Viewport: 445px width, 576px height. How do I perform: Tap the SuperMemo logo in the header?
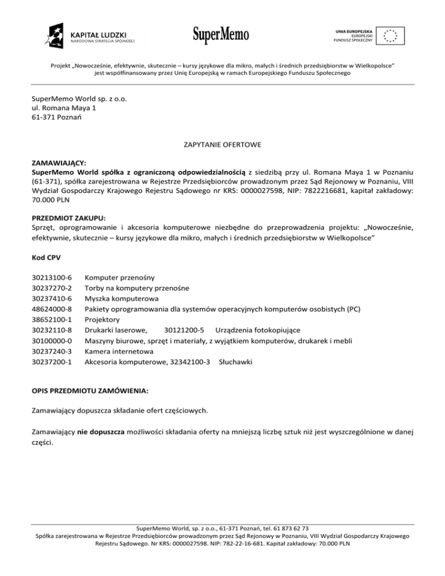221,35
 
